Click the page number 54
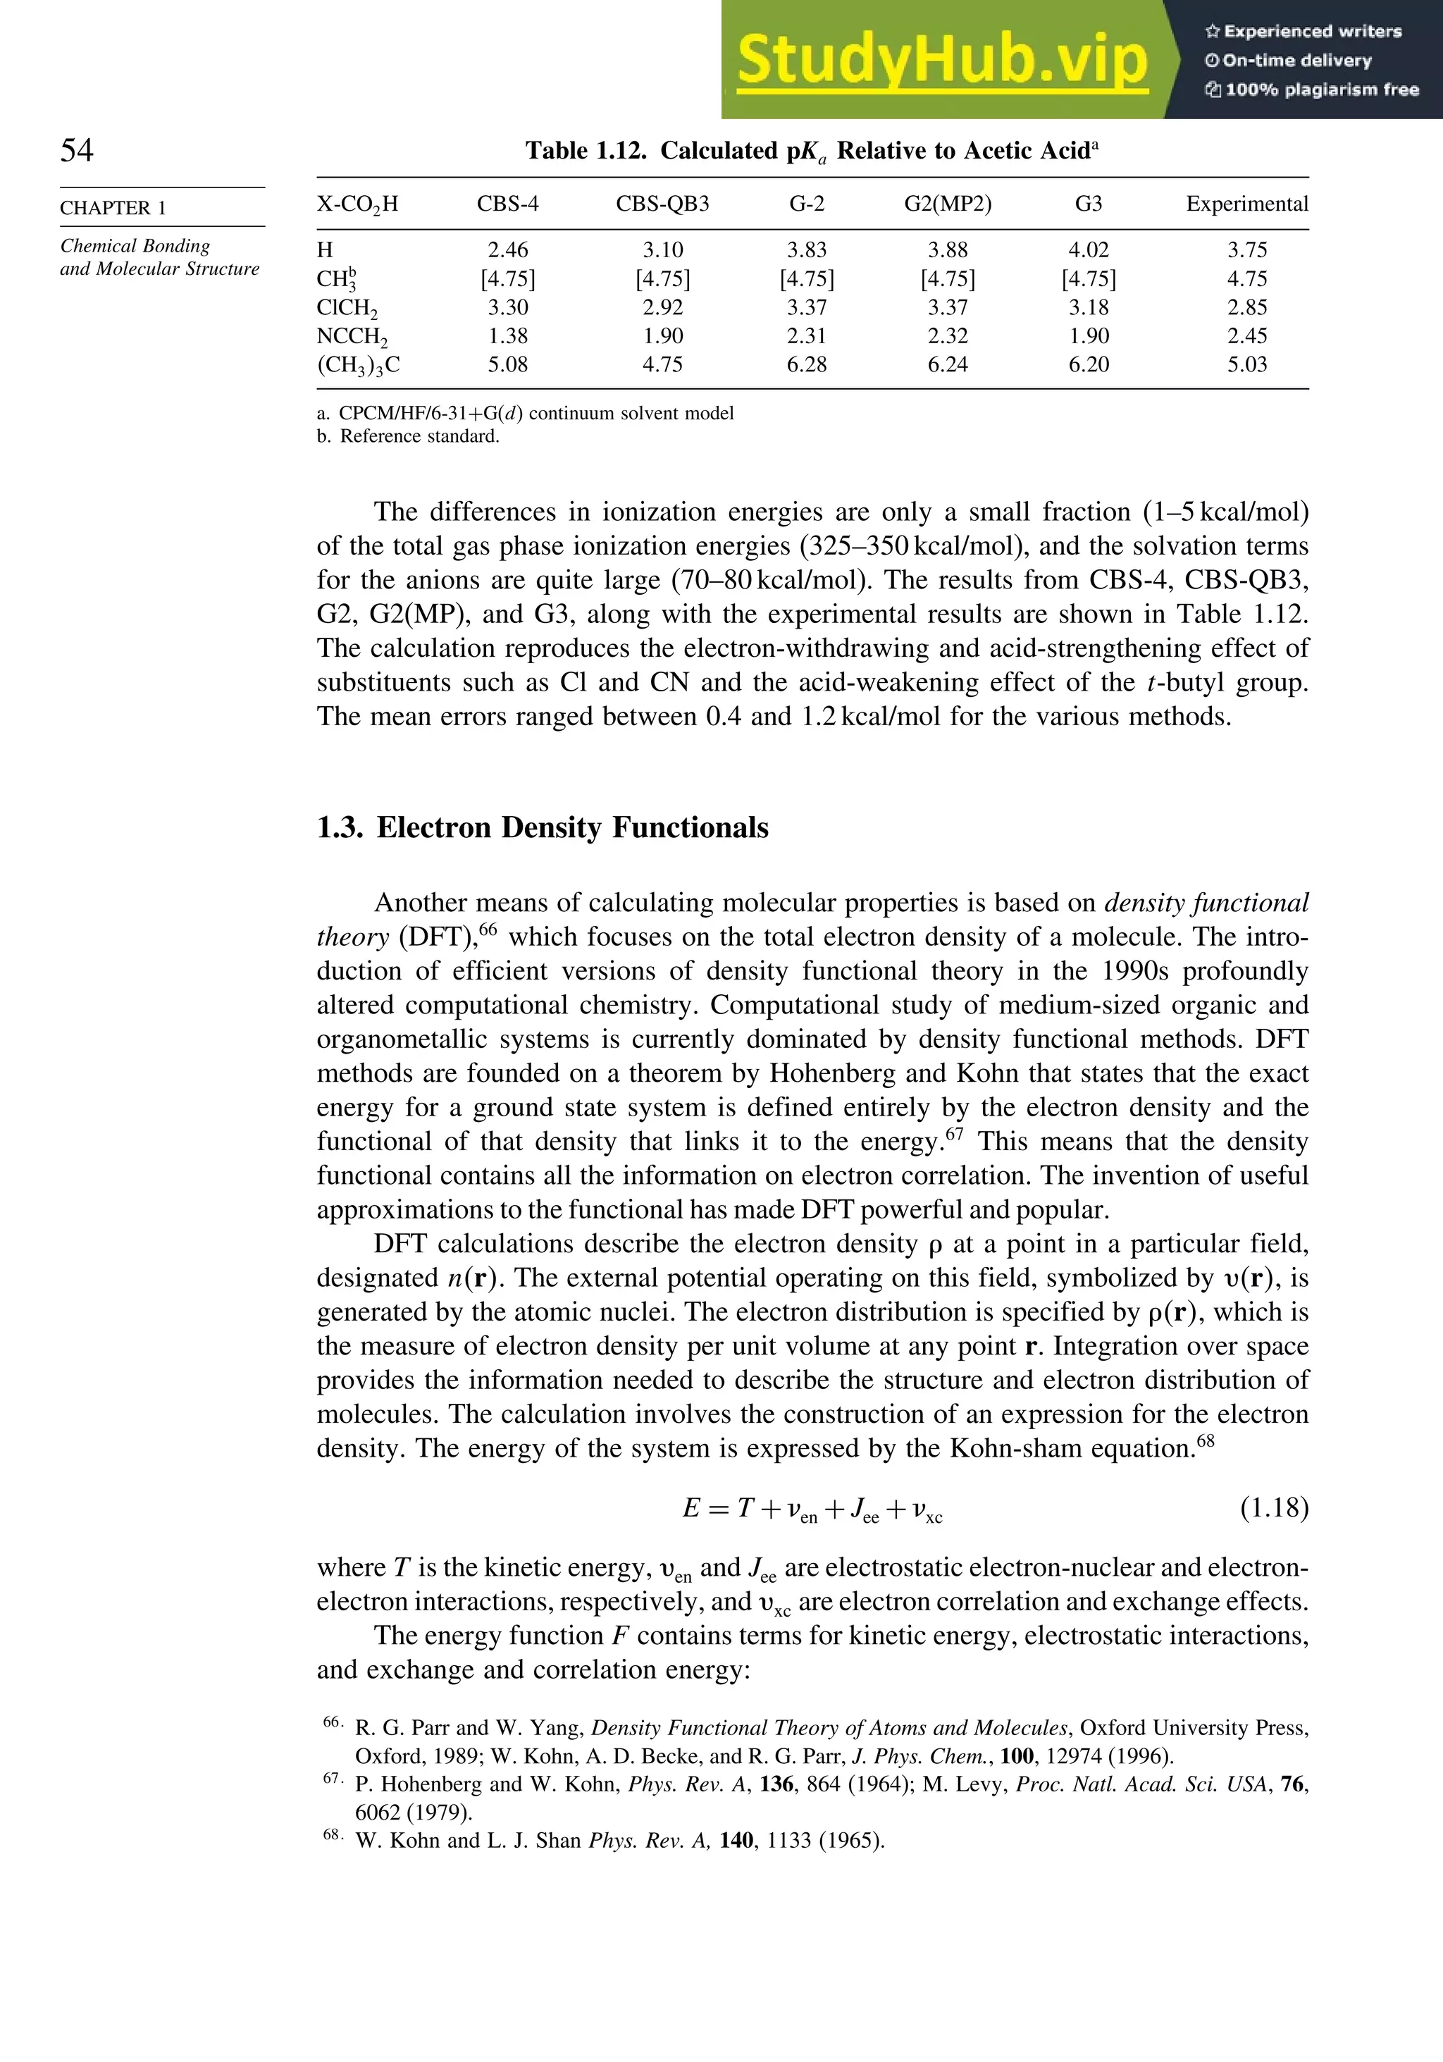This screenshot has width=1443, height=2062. [76, 150]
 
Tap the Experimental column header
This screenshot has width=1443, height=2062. [1246, 204]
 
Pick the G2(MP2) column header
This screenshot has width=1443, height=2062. [948, 204]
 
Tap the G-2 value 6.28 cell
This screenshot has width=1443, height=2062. [806, 364]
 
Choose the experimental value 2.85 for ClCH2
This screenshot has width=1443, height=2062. [1246, 307]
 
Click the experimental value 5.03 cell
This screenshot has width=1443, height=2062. [1246, 364]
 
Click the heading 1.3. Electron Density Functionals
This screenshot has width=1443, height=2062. [543, 827]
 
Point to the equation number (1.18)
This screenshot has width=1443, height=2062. [1274, 1508]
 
